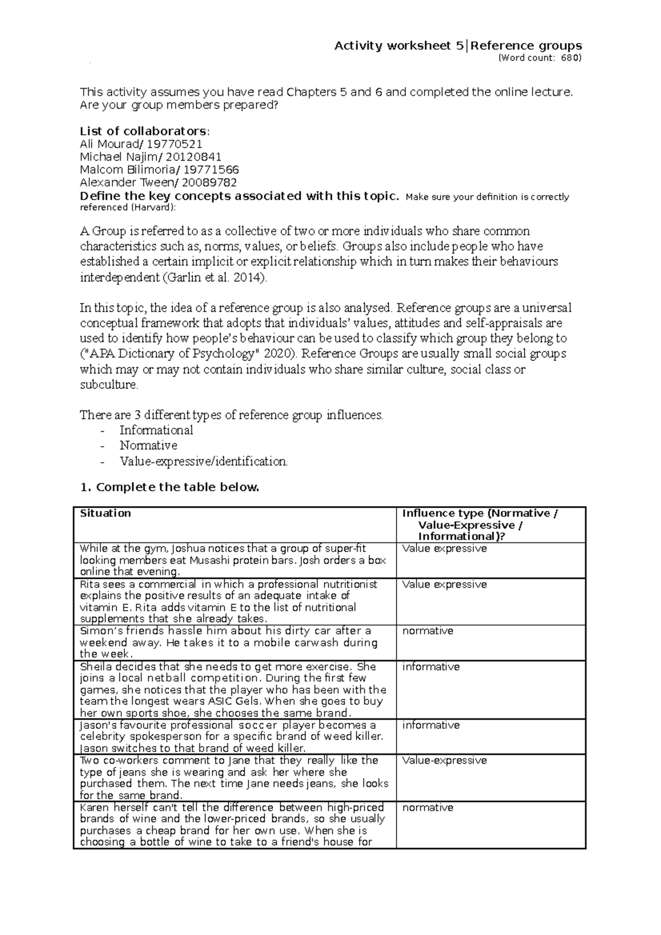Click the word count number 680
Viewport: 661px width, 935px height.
(x=570, y=58)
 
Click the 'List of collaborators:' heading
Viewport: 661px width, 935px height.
(x=144, y=131)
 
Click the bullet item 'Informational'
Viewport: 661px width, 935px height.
(x=156, y=430)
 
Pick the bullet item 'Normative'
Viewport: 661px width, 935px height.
(x=148, y=445)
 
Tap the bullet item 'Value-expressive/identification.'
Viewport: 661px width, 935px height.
(x=203, y=461)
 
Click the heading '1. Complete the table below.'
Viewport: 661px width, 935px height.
(x=169, y=487)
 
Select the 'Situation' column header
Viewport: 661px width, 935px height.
(x=106, y=513)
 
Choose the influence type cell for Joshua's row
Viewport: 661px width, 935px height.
(x=445, y=548)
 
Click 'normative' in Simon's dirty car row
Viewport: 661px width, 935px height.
(x=427, y=631)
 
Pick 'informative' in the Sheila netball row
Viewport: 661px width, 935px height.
(x=431, y=667)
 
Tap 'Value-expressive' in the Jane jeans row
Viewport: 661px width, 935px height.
(x=445, y=760)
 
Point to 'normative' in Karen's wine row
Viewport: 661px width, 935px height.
(x=427, y=808)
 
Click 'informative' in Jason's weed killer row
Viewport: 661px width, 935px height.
(x=431, y=725)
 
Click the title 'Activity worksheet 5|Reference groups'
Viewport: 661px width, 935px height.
(x=458, y=46)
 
